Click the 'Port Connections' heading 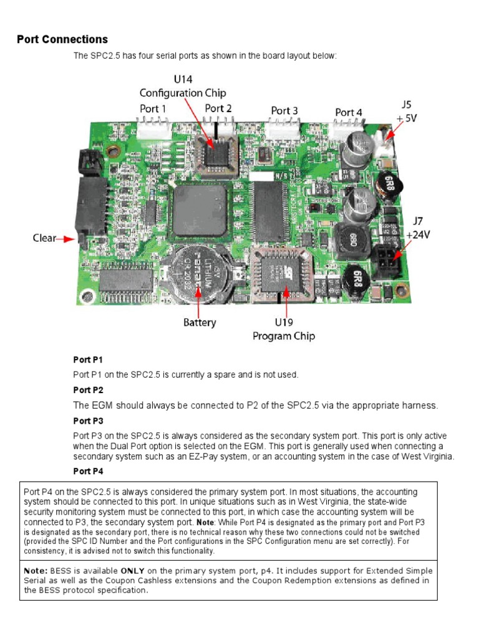pyautogui.click(x=62, y=39)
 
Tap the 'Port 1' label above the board pyautogui.click(x=153, y=108)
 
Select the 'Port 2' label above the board pyautogui.click(x=218, y=108)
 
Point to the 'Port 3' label pyautogui.click(x=284, y=111)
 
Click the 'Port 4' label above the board pyautogui.click(x=349, y=113)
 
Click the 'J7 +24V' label pyautogui.click(x=417, y=228)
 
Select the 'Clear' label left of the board pyautogui.click(x=44, y=238)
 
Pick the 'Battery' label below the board pyautogui.click(x=200, y=322)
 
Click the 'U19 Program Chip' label pyautogui.click(x=284, y=330)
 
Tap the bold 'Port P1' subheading pyautogui.click(x=88, y=360)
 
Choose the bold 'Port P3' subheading pyautogui.click(x=88, y=421)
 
